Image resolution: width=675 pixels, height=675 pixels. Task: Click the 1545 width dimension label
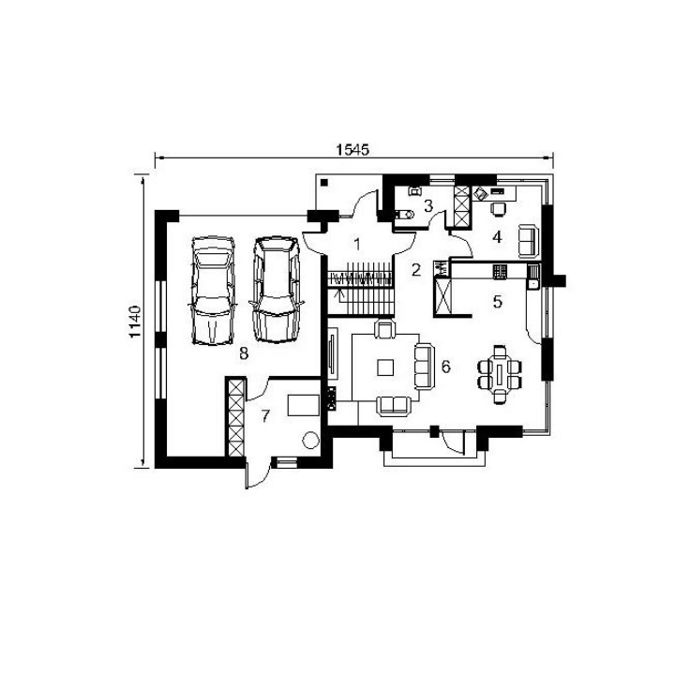click(x=352, y=150)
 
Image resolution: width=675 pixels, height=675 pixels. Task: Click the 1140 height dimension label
click(x=135, y=322)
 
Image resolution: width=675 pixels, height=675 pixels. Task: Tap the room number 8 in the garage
click(x=244, y=353)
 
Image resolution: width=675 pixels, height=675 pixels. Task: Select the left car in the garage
click(x=213, y=291)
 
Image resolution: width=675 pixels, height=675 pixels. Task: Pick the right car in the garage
click(x=276, y=290)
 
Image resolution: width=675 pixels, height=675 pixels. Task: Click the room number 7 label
click(x=265, y=416)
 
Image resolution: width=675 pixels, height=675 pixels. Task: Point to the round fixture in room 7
click(x=310, y=440)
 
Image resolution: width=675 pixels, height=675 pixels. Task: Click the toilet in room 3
click(x=405, y=214)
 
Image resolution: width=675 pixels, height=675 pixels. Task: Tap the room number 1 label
click(x=357, y=245)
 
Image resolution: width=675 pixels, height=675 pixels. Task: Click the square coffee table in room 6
click(x=385, y=367)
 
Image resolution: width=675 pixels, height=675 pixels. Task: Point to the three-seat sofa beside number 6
click(x=424, y=367)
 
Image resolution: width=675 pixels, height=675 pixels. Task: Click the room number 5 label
click(x=498, y=302)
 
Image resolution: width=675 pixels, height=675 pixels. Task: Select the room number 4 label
click(x=497, y=237)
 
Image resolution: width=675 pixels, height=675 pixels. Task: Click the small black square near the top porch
click(x=324, y=183)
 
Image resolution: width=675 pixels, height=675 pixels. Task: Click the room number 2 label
click(x=416, y=270)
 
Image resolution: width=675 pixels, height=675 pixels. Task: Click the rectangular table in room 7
click(x=304, y=405)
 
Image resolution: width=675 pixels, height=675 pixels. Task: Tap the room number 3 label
click(x=427, y=205)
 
